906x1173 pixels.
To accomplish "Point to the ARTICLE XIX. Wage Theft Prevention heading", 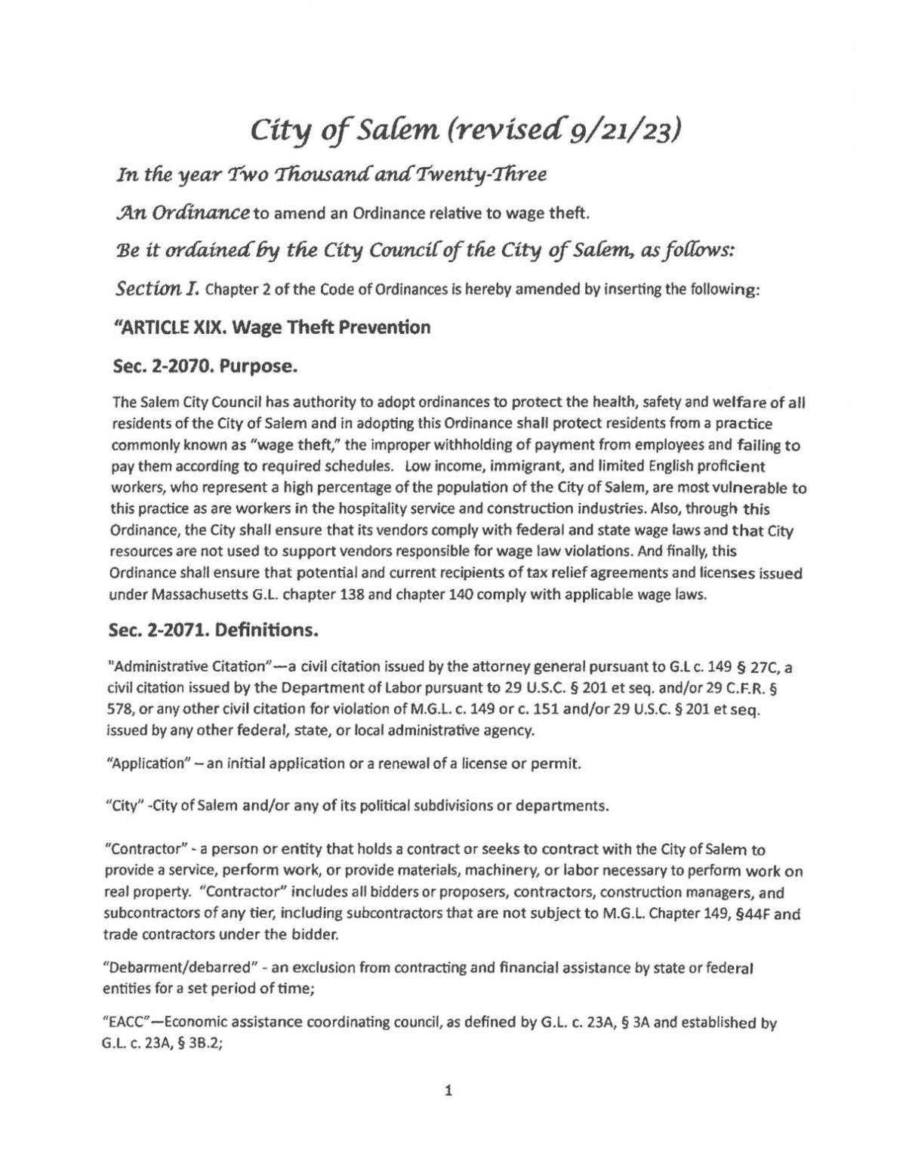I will pyautogui.click(x=270, y=328).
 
